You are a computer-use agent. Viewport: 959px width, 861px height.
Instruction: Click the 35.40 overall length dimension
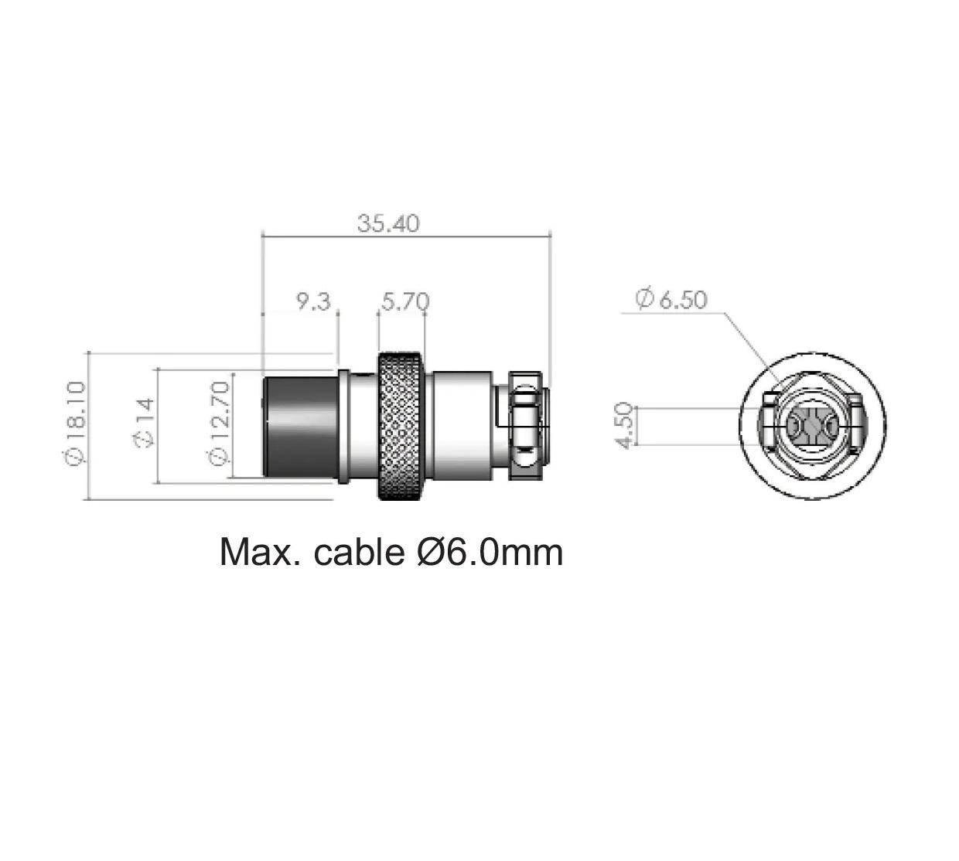point(388,223)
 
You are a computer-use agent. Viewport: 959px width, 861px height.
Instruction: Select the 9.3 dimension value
point(313,301)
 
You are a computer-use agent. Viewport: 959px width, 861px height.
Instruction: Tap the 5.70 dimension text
point(405,301)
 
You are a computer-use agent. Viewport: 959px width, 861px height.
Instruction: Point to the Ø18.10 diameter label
point(75,424)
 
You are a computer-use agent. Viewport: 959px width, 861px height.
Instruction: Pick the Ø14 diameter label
point(143,423)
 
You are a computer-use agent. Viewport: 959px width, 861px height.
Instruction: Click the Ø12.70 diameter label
point(218,424)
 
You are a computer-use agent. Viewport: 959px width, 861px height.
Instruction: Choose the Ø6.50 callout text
point(671,299)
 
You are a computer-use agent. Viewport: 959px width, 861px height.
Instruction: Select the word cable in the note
point(359,552)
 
